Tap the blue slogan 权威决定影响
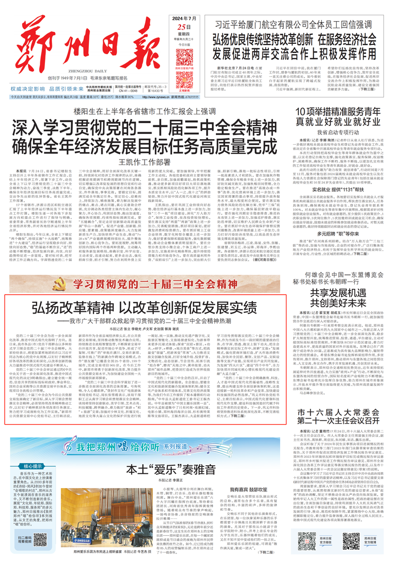click(36, 88)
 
